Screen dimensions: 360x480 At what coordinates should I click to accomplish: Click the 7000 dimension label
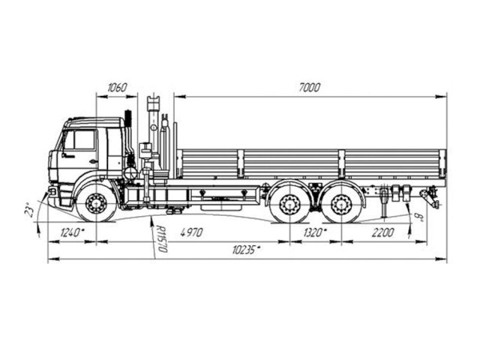click(309, 88)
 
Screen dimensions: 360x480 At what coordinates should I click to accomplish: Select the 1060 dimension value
click(117, 88)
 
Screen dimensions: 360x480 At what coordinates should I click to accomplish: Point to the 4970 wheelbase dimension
click(191, 233)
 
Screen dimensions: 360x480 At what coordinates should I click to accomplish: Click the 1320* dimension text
click(314, 233)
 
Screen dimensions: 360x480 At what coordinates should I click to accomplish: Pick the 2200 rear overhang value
click(381, 233)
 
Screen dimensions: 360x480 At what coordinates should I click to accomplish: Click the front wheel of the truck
click(96, 203)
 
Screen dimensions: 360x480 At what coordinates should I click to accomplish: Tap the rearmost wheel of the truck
click(342, 204)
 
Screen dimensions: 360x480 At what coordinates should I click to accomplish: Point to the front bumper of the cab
click(53, 193)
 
